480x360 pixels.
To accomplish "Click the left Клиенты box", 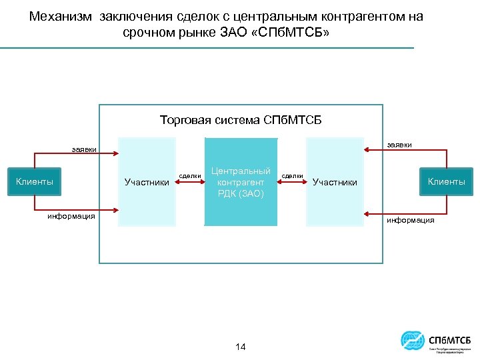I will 35,181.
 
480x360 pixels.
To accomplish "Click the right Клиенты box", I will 446,181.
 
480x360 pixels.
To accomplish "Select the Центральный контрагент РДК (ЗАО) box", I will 241,182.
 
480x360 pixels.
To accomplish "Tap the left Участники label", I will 147,182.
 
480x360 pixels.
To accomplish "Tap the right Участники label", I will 335,182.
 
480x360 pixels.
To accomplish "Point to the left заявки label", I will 84,150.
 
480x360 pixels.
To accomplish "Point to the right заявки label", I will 399,144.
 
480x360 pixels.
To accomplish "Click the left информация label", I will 71,215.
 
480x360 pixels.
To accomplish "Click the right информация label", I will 411,220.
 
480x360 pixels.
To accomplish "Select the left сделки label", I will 191,175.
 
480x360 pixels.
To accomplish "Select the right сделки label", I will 293,175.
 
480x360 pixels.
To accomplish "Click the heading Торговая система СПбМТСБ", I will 241,120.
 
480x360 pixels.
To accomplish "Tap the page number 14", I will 241,347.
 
